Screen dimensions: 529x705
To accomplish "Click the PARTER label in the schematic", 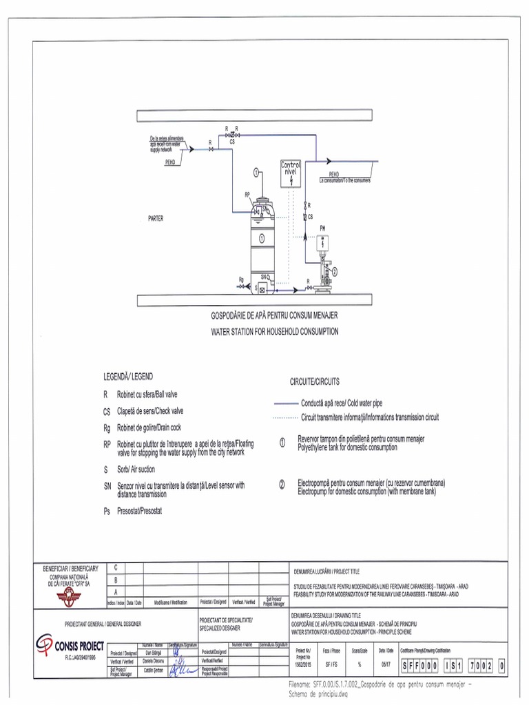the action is (156, 218).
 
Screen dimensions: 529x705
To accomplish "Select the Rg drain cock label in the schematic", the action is (241, 280).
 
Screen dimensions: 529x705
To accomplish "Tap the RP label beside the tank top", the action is (247, 195).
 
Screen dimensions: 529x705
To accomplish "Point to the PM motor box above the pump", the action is (322, 242).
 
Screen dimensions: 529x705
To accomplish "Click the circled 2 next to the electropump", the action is (335, 271).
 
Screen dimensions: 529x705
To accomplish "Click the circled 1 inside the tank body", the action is (262, 238).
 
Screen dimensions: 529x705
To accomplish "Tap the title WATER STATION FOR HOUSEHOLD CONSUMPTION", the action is (274, 331).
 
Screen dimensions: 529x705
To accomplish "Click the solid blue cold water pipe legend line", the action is (284, 403).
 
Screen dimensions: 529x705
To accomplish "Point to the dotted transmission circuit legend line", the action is (284, 417).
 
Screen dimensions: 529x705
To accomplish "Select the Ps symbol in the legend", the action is (107, 512).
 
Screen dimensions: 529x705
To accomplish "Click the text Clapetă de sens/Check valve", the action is (150, 411).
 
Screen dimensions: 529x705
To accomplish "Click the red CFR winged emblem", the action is (69, 595).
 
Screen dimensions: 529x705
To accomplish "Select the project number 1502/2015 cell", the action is (303, 665).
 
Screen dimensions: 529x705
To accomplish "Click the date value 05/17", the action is (385, 665).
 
